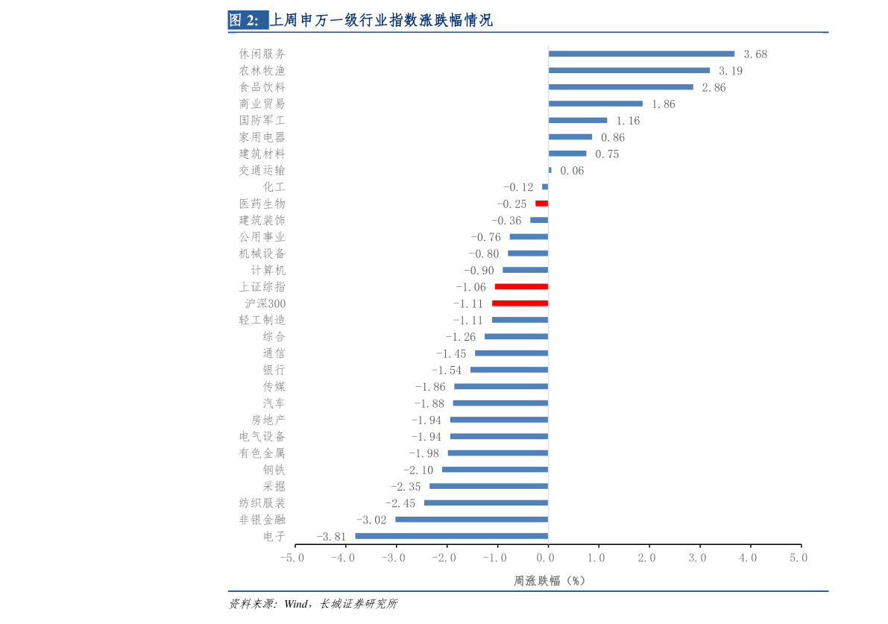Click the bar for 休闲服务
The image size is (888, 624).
pos(641,54)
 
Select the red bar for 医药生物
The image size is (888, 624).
pos(542,204)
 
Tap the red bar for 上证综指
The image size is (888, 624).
pos(521,286)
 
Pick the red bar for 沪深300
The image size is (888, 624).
pos(520,303)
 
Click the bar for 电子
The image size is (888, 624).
pos(452,536)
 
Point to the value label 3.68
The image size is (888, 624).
pos(755,54)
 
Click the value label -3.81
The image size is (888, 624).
pos(331,537)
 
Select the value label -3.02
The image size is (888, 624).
pos(371,520)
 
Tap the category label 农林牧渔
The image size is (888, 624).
pos(262,71)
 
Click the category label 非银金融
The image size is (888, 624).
pos(262,520)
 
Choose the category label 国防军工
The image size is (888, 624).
pos(262,121)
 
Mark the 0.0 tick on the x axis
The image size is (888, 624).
pos(548,558)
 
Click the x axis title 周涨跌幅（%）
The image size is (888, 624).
pos(549,581)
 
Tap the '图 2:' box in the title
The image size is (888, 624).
pos(247,21)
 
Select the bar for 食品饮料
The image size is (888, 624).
pos(620,87)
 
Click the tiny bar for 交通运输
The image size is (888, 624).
pos(550,170)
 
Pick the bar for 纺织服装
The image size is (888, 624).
pos(486,502)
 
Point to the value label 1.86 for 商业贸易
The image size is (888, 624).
pos(663,104)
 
